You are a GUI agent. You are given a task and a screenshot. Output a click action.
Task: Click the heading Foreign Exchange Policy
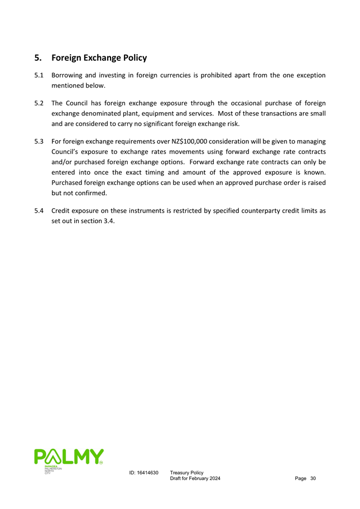click(x=98, y=57)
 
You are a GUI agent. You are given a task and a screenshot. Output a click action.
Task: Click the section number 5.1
click(x=39, y=75)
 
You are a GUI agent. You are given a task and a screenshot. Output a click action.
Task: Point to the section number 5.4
click(x=39, y=211)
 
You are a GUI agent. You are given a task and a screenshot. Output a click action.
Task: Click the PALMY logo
click(x=68, y=457)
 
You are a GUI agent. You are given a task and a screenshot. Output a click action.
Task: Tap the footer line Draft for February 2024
click(x=195, y=479)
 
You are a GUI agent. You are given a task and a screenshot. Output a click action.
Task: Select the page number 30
click(x=313, y=479)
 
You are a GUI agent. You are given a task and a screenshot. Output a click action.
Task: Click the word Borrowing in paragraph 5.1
click(x=68, y=75)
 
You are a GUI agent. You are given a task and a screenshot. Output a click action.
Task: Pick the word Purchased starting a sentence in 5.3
click(x=68, y=183)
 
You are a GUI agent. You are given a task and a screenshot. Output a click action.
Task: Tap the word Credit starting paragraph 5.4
click(x=61, y=211)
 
